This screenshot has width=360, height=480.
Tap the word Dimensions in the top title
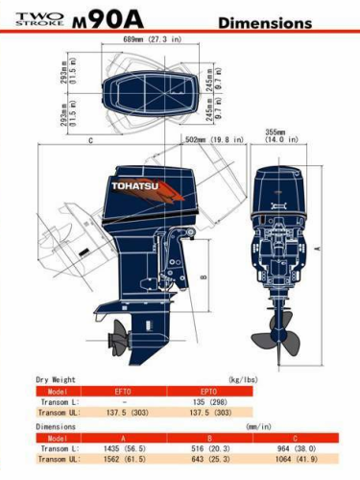pyautogui.click(x=264, y=21)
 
